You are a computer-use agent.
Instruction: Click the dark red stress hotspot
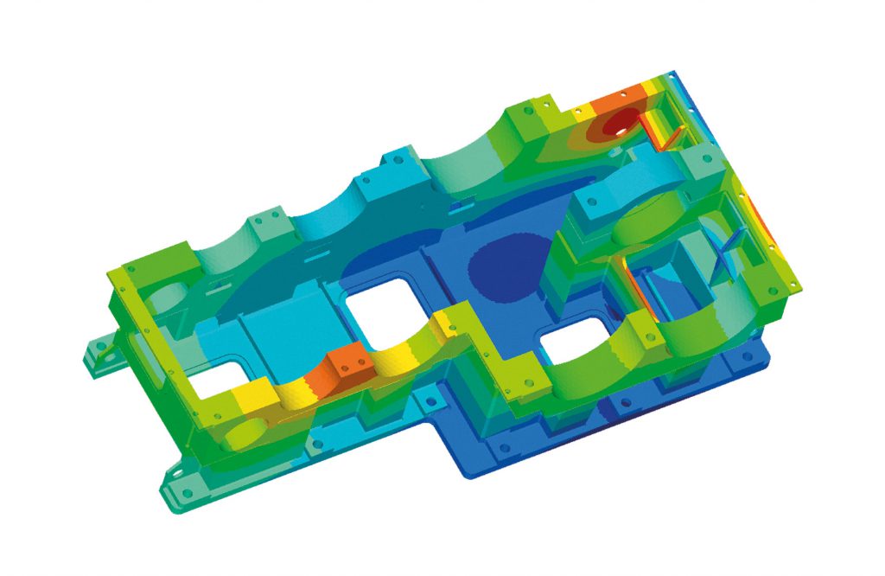pyautogui.click(x=615, y=126)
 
